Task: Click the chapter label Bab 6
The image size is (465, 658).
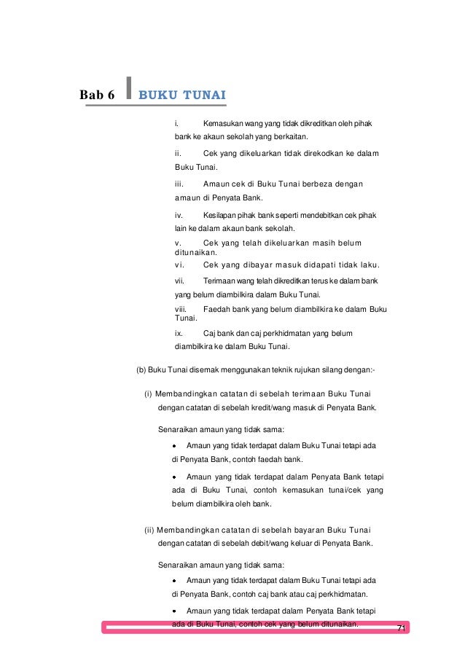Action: [x=101, y=95]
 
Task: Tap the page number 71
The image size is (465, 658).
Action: [x=400, y=627]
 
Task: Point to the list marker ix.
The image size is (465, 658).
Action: [x=179, y=333]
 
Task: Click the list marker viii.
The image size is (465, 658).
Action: [x=181, y=309]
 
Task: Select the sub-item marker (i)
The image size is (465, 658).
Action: [x=148, y=394]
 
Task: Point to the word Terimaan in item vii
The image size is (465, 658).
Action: [x=222, y=281]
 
